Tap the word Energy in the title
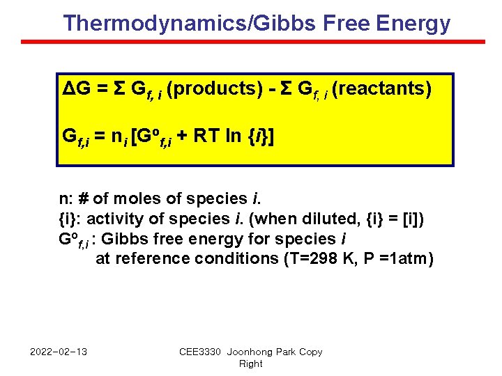(x=413, y=24)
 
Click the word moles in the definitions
(x=146, y=199)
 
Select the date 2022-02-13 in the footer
(x=59, y=352)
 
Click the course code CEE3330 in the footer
(x=201, y=352)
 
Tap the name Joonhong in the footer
(x=250, y=352)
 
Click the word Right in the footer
(x=251, y=363)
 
